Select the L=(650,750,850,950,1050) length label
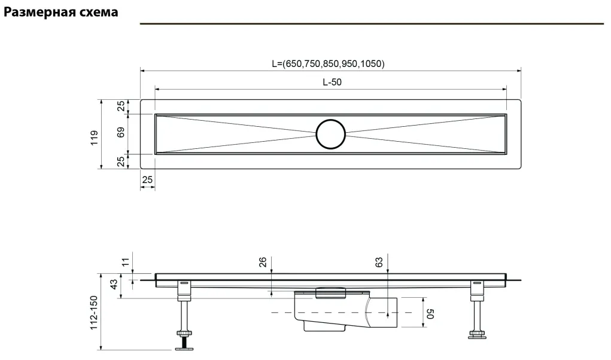coord(328,63)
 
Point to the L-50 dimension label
coord(332,83)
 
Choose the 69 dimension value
coord(121,133)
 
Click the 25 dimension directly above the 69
coord(121,106)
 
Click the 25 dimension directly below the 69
coord(121,161)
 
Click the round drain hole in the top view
coord(331,134)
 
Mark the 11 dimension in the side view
coord(125,262)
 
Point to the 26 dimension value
coord(263,263)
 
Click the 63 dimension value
coord(379,263)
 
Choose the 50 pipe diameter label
coord(428,313)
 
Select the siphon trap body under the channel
coord(326,314)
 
